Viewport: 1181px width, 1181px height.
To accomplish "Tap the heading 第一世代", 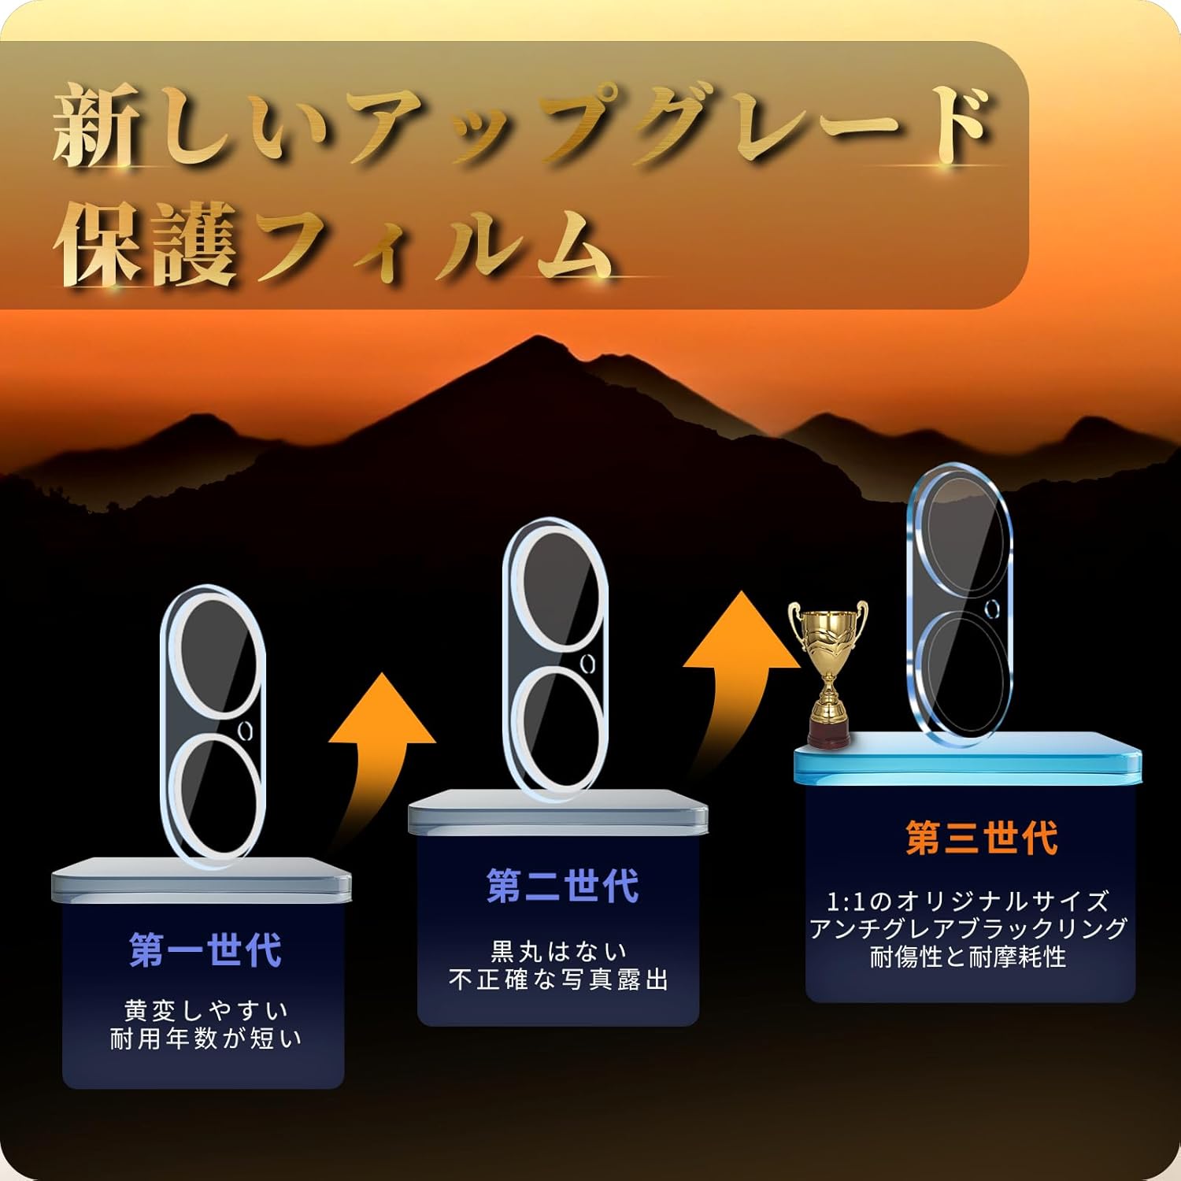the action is click(x=205, y=950).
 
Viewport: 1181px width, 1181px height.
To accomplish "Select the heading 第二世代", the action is click(x=562, y=886).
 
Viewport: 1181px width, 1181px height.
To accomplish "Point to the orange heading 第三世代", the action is click(x=982, y=837).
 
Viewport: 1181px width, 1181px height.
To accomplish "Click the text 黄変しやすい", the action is click(x=205, y=1010).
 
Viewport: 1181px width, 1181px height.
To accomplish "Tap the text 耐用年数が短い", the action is click(x=205, y=1038).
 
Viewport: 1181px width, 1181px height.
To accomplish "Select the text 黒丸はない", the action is click(x=558, y=952).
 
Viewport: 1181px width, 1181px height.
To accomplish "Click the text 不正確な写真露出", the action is click(x=558, y=979).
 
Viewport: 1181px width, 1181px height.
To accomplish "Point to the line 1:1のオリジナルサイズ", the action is click(x=968, y=901).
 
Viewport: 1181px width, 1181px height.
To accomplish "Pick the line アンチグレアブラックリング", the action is click(x=968, y=929).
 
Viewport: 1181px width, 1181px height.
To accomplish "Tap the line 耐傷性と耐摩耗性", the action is click(x=968, y=957).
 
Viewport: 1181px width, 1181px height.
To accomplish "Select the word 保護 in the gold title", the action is click(x=146, y=244).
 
